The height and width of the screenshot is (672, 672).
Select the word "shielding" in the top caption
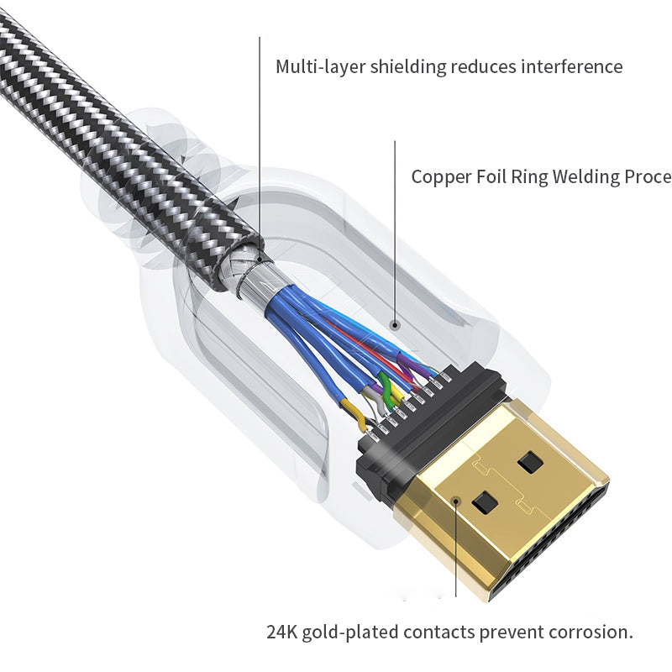(x=406, y=66)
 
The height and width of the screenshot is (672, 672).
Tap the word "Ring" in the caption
(x=538, y=177)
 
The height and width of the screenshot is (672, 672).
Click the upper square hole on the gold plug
(x=530, y=461)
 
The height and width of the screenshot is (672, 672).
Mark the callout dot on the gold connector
(x=457, y=501)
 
